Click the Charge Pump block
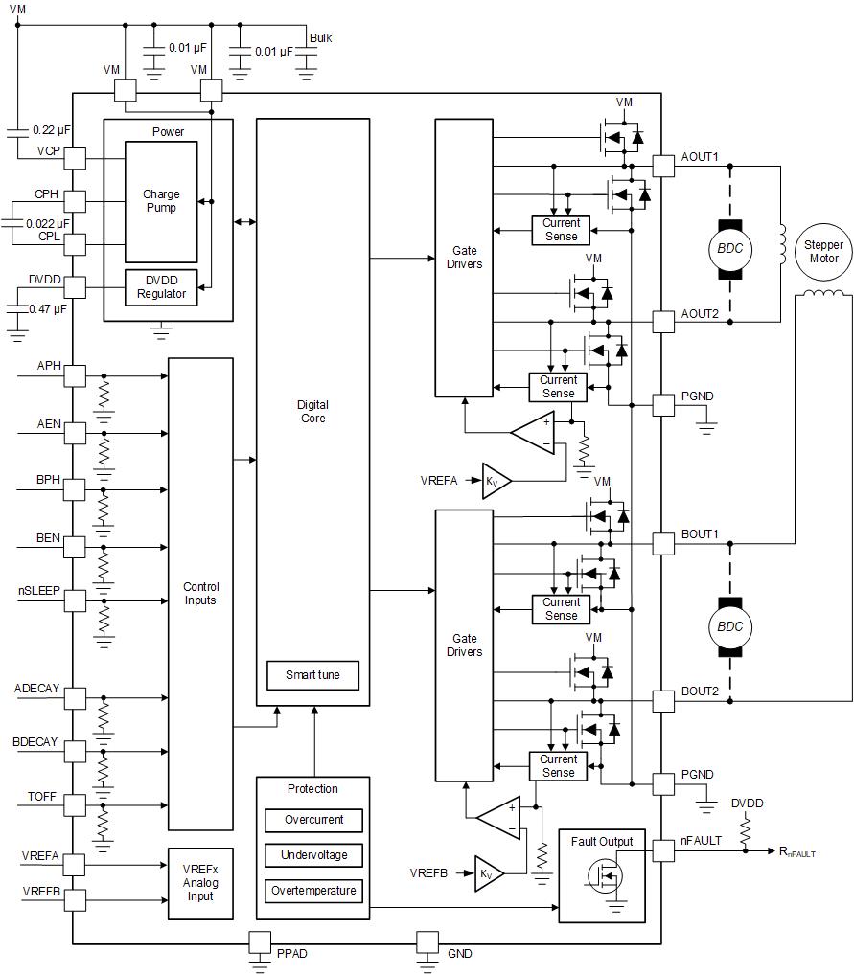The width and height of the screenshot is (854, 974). point(161,201)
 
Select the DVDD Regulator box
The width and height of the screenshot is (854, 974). point(161,287)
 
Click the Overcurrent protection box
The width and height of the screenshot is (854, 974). point(312,821)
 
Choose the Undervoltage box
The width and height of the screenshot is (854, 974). point(312,855)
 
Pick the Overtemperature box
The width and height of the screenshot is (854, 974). point(312,891)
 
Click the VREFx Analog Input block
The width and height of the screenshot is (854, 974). point(200,883)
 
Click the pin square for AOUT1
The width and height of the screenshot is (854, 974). point(663,166)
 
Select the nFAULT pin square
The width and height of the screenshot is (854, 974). point(663,849)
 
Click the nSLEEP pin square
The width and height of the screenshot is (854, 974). point(75,600)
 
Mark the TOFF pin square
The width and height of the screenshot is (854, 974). point(75,804)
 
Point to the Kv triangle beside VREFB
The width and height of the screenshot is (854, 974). point(487,873)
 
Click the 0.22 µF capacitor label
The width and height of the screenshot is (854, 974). point(52,129)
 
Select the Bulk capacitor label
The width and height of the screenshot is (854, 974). point(320,38)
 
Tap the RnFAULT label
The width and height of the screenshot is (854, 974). point(797,851)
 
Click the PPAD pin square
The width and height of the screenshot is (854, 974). point(260,942)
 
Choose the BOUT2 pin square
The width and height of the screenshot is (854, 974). point(663,701)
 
